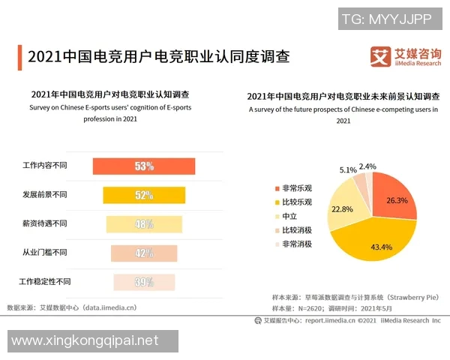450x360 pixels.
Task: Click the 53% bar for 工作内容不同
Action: click(143, 166)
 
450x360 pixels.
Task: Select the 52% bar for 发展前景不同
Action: click(144, 195)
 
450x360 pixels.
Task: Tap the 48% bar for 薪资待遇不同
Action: click(144, 223)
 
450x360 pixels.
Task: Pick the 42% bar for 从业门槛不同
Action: click(144, 253)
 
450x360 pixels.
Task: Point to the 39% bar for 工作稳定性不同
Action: click(144, 282)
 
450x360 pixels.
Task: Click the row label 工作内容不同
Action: click(45, 166)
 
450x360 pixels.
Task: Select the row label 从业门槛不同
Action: click(45, 253)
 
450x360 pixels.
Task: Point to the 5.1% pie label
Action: click(348, 170)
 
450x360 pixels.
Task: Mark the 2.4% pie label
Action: click(367, 166)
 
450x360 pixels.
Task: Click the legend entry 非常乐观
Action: click(295, 187)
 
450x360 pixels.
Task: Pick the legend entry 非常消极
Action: click(295, 244)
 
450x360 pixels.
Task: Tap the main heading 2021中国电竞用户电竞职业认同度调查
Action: click(157, 57)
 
